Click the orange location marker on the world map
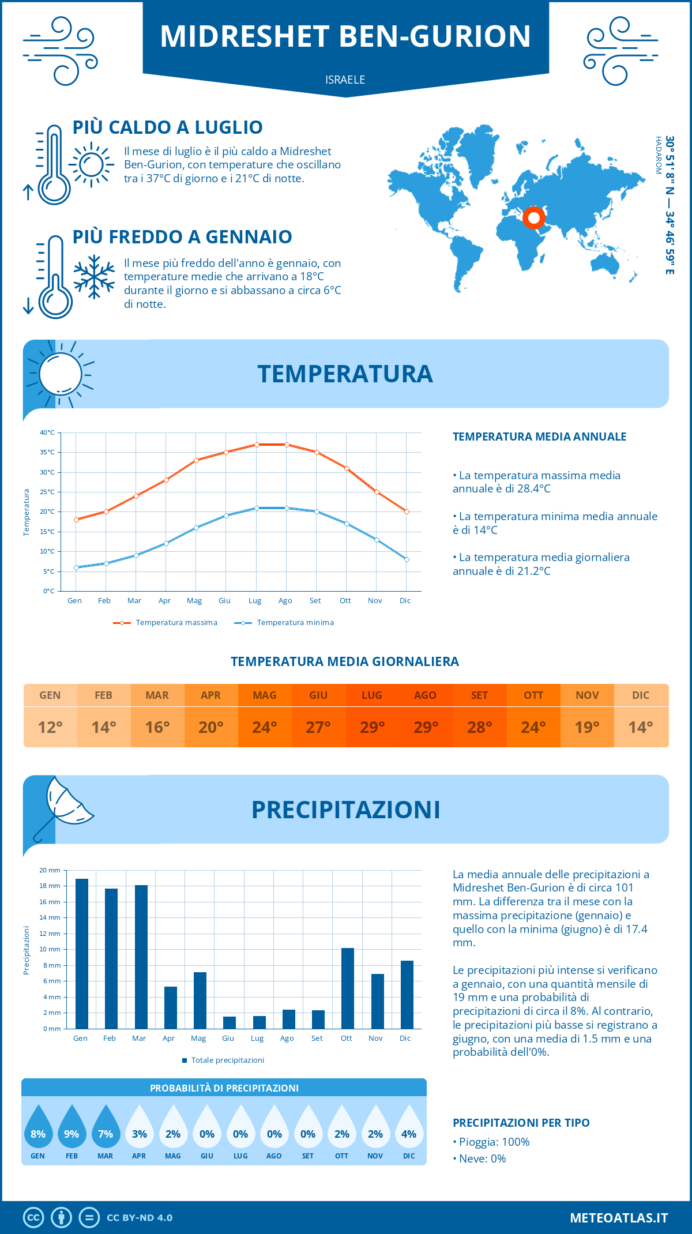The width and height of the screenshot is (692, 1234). click(x=534, y=218)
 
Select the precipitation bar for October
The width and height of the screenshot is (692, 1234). click(x=348, y=988)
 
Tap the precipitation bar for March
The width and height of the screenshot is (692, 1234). click(x=141, y=957)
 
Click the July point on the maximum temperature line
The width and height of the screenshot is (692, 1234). click(x=257, y=445)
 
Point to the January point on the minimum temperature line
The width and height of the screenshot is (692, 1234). click(x=76, y=567)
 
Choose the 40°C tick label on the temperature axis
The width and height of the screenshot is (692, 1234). click(x=47, y=432)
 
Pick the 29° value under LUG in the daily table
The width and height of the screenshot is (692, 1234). click(x=372, y=727)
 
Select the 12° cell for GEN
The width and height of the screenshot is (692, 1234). click(x=50, y=727)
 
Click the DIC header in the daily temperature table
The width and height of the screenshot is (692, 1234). click(x=641, y=695)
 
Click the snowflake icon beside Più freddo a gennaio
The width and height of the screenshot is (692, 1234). click(x=94, y=277)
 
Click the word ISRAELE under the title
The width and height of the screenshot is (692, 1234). click(x=345, y=80)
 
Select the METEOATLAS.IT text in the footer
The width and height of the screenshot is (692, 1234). click(x=619, y=1218)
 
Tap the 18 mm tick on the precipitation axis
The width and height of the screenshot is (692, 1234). click(x=50, y=886)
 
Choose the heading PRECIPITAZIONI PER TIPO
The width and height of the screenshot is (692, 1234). click(x=521, y=1123)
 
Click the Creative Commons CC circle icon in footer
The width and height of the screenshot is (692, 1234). click(x=33, y=1218)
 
